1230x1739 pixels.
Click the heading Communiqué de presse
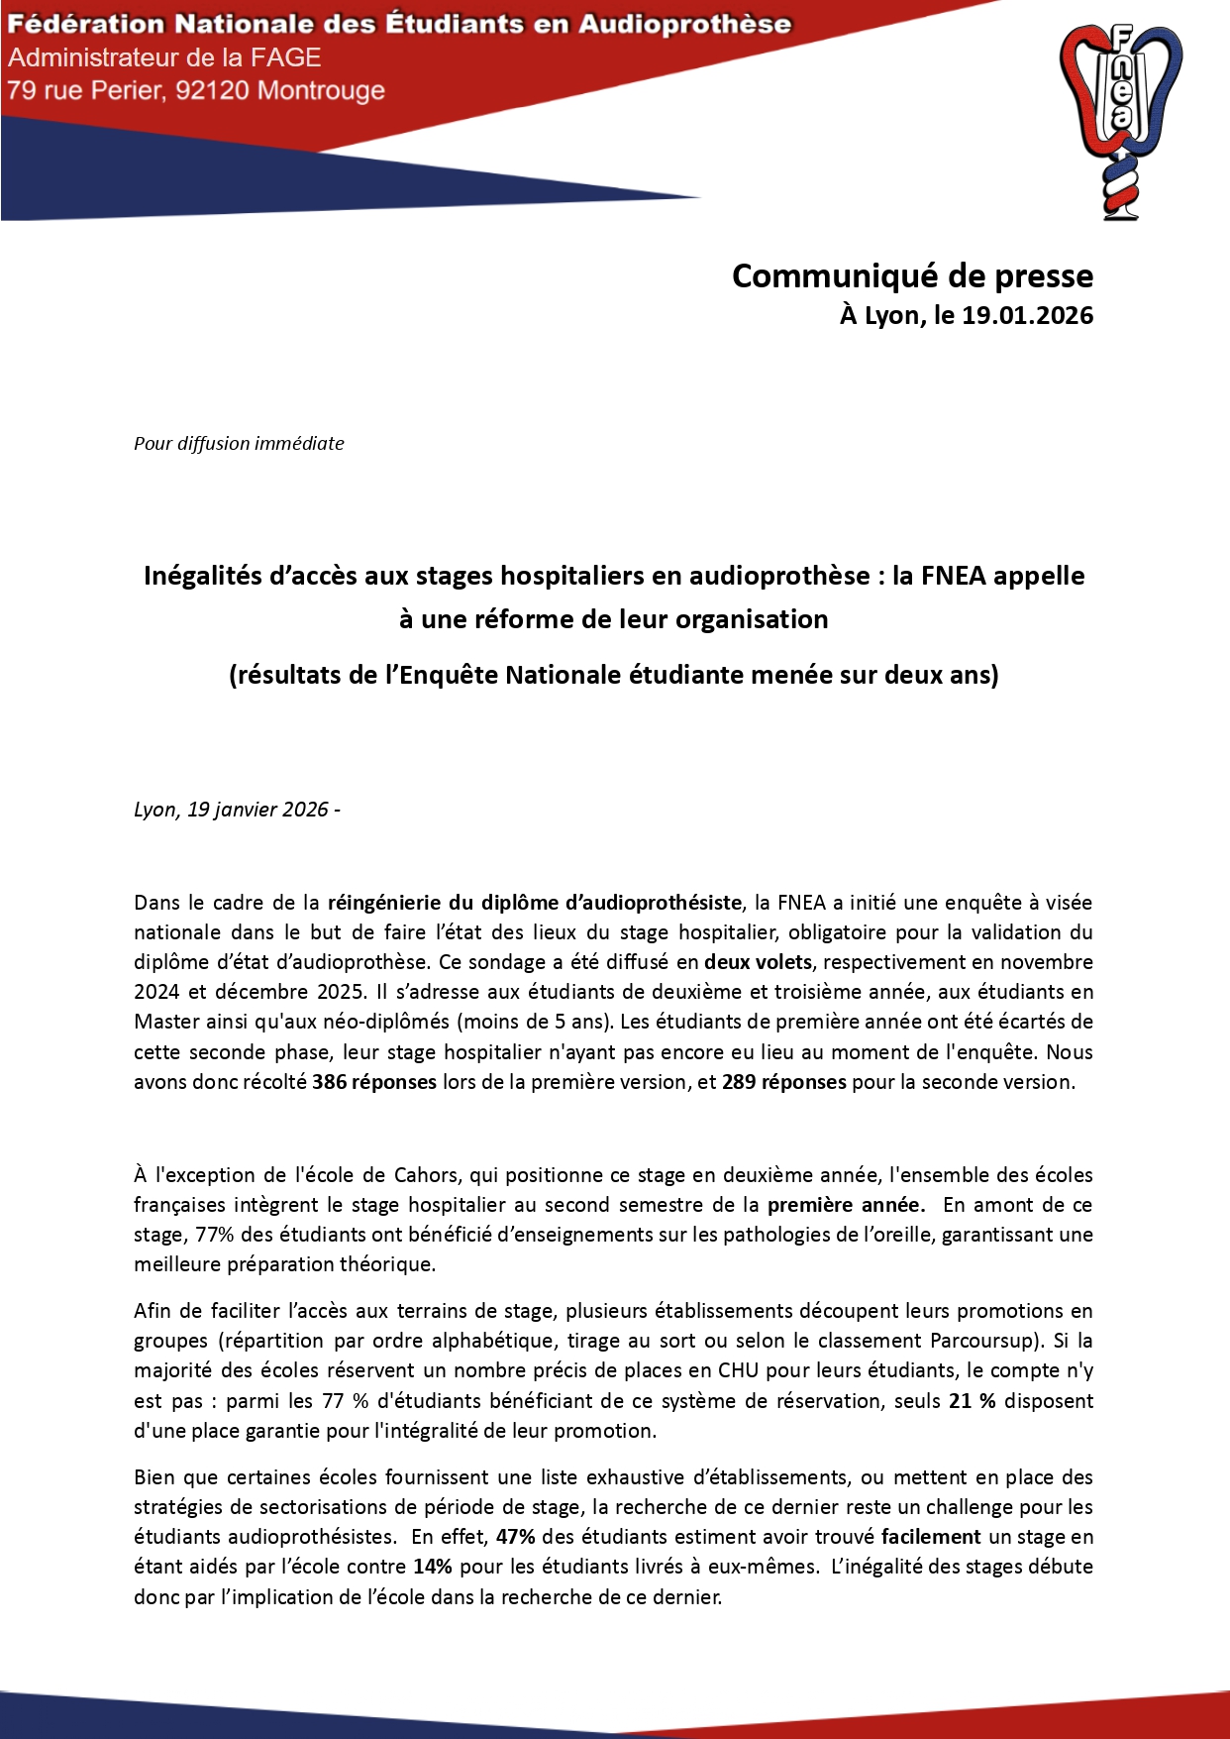(x=912, y=275)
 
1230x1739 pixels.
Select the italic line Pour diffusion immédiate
(x=239, y=443)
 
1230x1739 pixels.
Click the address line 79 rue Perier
(x=195, y=90)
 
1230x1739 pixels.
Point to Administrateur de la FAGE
(x=164, y=57)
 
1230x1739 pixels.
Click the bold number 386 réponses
(x=374, y=1081)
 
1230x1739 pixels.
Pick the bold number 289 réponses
(x=784, y=1081)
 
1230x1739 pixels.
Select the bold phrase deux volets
(x=758, y=961)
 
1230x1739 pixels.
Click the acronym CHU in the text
(x=739, y=1370)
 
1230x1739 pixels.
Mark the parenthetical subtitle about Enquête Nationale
(x=614, y=674)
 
